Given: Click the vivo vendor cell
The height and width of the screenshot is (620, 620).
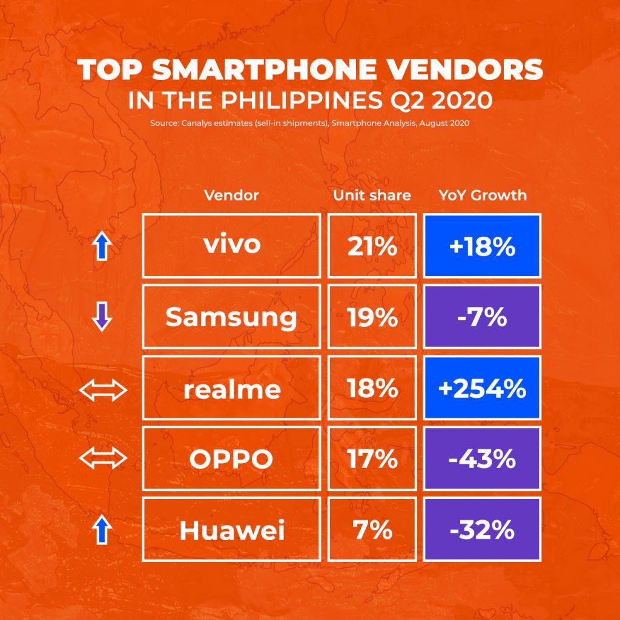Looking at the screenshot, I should [231, 245].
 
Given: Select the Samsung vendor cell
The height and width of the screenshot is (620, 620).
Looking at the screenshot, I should [231, 317].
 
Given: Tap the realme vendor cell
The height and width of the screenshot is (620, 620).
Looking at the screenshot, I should [231, 388].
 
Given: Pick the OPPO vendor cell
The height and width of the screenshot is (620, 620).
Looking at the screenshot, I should [231, 459].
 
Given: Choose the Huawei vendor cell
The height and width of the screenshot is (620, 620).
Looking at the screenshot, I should [231, 530].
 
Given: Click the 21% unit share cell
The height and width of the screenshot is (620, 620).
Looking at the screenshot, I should [372, 245].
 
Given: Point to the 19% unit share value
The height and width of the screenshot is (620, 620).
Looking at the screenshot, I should [372, 317].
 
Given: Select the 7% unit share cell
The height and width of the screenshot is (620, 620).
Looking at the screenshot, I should [372, 530].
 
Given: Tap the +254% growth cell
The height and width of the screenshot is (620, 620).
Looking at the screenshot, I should [482, 388].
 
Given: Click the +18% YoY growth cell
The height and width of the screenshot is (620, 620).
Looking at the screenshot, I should [482, 245].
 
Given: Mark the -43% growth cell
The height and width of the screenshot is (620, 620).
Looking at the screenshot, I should [482, 459].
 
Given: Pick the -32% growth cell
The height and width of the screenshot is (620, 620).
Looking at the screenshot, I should [482, 530].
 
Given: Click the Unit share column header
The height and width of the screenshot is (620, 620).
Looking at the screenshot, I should [372, 195].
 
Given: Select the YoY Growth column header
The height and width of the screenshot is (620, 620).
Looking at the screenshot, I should [482, 195].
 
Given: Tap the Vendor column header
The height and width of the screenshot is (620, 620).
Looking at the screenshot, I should [231, 195].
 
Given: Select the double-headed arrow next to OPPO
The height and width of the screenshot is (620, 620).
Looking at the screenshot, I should [103, 459].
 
